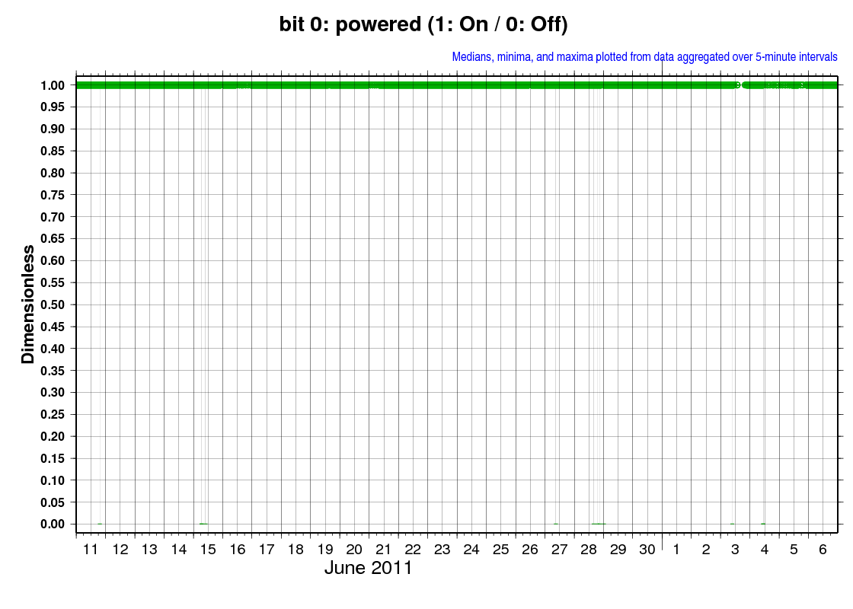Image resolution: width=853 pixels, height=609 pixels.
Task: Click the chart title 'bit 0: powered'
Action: tap(350, 24)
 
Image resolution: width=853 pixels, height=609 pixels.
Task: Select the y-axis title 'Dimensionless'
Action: tap(27, 304)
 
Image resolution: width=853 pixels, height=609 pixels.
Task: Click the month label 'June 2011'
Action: tap(369, 568)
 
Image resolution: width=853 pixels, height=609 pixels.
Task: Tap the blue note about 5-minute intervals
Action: tap(644, 57)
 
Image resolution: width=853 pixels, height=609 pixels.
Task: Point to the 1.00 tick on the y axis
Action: tap(53, 85)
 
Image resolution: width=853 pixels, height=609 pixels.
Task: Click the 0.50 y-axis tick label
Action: tap(53, 305)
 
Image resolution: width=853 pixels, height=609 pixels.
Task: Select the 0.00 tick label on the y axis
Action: tap(53, 525)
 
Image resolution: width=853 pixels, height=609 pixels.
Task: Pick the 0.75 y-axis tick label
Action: tap(53, 195)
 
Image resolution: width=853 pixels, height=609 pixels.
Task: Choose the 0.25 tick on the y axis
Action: tap(53, 414)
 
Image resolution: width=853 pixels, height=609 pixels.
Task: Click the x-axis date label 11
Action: tap(91, 550)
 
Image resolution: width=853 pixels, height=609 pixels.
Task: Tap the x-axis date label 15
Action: tap(208, 550)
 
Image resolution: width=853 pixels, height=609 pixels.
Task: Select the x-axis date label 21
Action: tap(384, 550)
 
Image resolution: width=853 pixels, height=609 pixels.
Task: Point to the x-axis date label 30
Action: tap(647, 550)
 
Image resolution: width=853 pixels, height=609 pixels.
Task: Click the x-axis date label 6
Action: tap(823, 550)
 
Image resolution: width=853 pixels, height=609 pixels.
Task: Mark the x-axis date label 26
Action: tap(530, 550)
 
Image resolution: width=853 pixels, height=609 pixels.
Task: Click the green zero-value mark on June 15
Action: tap(203, 525)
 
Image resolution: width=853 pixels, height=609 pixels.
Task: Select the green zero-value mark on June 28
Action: tap(599, 525)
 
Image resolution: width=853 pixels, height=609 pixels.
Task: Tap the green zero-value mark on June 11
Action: tap(100, 525)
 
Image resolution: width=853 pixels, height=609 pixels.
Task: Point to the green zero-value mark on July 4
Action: tap(763, 525)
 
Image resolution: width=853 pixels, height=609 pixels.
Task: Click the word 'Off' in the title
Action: tap(545, 24)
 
